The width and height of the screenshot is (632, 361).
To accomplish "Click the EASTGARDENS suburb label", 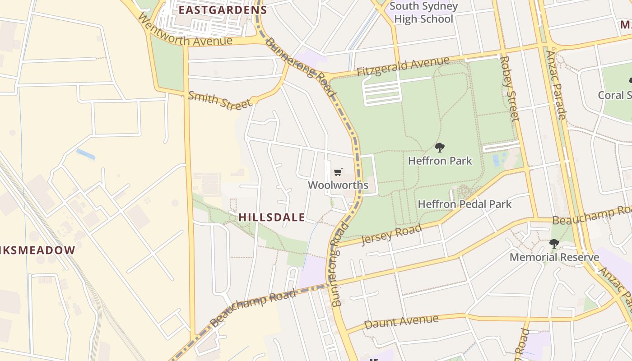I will pyautogui.click(x=223, y=9).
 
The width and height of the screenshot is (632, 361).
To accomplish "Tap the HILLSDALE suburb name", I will pyautogui.click(x=272, y=217).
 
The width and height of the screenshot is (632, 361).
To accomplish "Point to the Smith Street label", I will pyautogui.click(x=219, y=100).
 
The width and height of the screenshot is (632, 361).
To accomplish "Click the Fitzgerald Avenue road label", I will pyautogui.click(x=403, y=66).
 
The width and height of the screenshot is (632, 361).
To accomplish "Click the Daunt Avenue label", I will pyautogui.click(x=401, y=322).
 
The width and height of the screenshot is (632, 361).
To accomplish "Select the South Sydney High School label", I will pyautogui.click(x=423, y=13).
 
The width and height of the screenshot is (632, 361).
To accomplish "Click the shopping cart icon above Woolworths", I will pyautogui.click(x=338, y=172).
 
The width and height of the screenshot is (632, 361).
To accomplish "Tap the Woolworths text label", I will pyautogui.click(x=338, y=185).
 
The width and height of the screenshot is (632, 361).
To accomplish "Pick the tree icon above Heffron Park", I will pyautogui.click(x=439, y=147).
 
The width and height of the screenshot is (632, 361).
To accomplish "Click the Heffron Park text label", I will pyautogui.click(x=440, y=161).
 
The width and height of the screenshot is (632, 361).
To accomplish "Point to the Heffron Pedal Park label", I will pyautogui.click(x=465, y=204).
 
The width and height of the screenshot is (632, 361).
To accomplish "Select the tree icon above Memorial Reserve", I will pyautogui.click(x=554, y=244).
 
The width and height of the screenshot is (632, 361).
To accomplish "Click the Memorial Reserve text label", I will pyautogui.click(x=554, y=257).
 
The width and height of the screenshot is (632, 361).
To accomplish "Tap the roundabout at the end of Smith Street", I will pyautogui.click(x=254, y=100).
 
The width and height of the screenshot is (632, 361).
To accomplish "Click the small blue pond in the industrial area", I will pyautogui.click(x=85, y=154).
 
